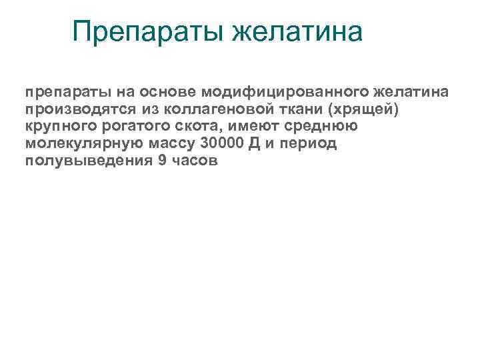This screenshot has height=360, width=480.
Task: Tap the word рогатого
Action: pyautogui.click(x=130, y=126)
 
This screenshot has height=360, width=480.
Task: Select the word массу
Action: pyautogui.click(x=171, y=144)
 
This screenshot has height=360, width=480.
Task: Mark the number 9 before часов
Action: pyautogui.click(x=163, y=162)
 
